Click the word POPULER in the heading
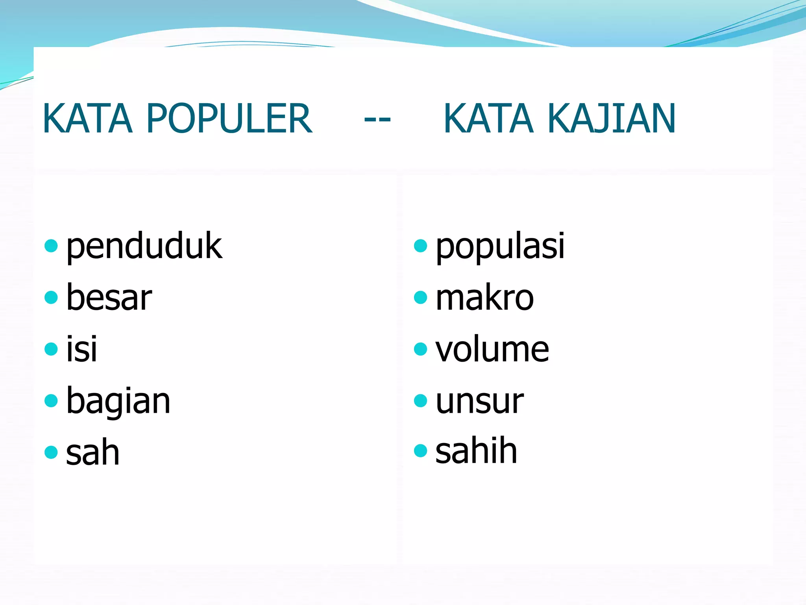[229, 118]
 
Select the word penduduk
[144, 247]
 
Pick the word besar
[109, 298]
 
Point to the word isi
[81, 349]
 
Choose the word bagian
[118, 401]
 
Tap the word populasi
[500, 247]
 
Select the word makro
[484, 298]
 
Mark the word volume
[492, 349]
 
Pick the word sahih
[476, 451]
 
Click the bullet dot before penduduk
[51, 246]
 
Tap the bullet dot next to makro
[420, 297]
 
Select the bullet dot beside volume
[420, 349]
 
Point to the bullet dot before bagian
[51, 401]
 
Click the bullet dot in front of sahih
[420, 451]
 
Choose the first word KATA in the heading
[87, 118]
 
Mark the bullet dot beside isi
[51, 349]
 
